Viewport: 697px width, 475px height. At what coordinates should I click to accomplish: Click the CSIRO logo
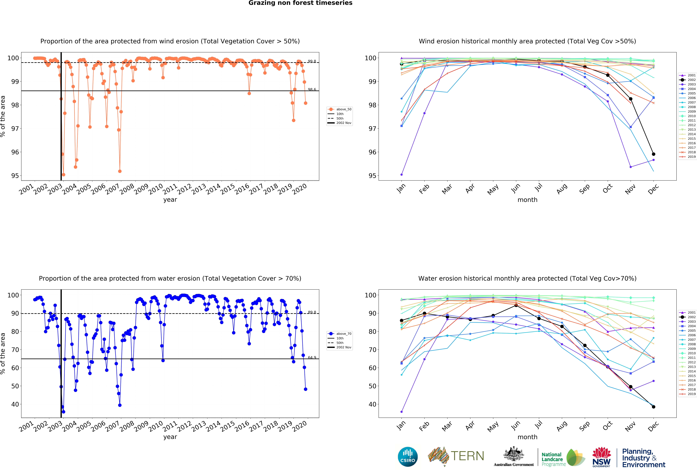[408, 457]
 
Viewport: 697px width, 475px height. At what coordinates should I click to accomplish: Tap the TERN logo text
[467, 456]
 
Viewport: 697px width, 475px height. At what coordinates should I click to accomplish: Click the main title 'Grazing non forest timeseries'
[300, 3]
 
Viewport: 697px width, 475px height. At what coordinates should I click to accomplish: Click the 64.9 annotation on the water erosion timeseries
[312, 357]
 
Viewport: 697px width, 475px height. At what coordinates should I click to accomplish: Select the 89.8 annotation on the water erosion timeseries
[312, 312]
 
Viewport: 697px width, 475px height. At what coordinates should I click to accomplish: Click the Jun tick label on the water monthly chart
[516, 425]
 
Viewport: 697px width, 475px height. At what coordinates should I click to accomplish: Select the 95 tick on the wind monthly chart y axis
[372, 176]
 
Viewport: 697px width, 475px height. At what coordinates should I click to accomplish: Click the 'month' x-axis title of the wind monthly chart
[527, 200]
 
